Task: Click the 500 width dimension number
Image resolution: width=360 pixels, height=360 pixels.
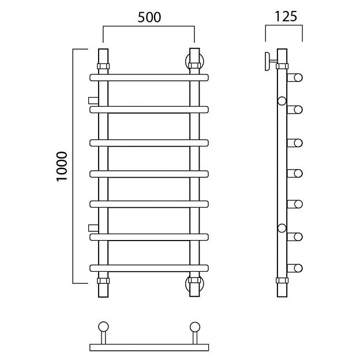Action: click(149, 17)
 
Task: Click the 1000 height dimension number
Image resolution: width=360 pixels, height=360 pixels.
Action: click(62, 167)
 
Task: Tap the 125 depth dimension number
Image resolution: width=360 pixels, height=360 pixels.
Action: click(286, 17)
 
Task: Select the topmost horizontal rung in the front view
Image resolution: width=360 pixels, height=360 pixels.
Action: click(149, 78)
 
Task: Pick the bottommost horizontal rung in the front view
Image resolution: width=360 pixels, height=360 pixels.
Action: click(149, 268)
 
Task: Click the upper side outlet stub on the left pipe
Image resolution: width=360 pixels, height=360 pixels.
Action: click(93, 100)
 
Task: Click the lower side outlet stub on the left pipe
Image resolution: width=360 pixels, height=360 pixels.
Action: click(93, 228)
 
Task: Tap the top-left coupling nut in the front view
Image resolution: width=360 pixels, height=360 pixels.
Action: click(103, 66)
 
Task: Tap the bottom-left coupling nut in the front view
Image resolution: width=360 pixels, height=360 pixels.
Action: click(103, 280)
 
